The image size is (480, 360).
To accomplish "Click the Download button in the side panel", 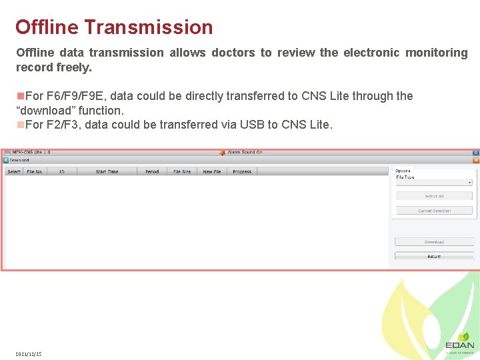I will pyautogui.click(x=434, y=242).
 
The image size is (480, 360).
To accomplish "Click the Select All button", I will pyautogui.click(x=434, y=196).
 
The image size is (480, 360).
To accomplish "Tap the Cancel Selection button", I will pyautogui.click(x=434, y=211).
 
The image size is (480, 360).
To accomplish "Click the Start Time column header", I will pyautogui.click(x=107, y=172).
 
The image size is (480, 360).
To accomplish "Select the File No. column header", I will pyautogui.click(x=35, y=172).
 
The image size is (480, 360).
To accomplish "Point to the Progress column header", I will pyautogui.click(x=242, y=172).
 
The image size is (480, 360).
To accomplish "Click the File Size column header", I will pyautogui.click(x=182, y=172).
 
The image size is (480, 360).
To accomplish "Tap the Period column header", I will pyautogui.click(x=152, y=172).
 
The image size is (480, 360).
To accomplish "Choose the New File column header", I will pyautogui.click(x=212, y=172).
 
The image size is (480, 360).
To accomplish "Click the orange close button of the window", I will pyautogui.click(x=476, y=160).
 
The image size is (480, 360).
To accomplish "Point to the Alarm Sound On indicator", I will pyautogui.click(x=245, y=152).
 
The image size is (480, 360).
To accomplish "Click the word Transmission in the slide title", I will pyautogui.click(x=149, y=27).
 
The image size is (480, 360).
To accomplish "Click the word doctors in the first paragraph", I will pyautogui.click(x=233, y=53).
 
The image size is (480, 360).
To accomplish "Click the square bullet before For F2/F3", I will pyautogui.click(x=20, y=125).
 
